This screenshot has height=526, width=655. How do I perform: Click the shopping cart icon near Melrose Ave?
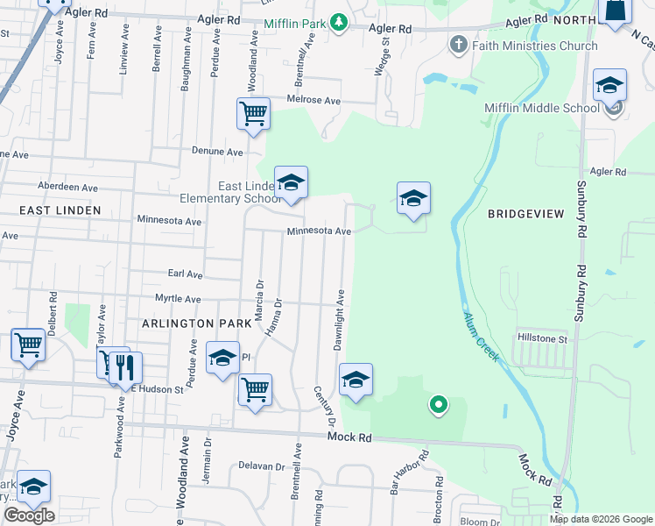point(253,113)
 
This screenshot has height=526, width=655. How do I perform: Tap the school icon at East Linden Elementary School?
point(292,182)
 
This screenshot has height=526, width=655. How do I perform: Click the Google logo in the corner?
point(29,515)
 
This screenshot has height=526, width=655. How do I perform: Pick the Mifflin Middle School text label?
point(542,108)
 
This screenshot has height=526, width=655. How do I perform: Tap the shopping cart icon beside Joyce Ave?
point(27,345)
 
